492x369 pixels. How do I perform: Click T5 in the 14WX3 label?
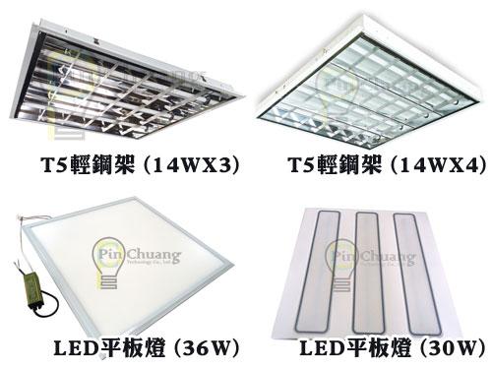pos(49,165)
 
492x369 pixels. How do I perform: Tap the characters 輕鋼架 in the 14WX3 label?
pos(107,165)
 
